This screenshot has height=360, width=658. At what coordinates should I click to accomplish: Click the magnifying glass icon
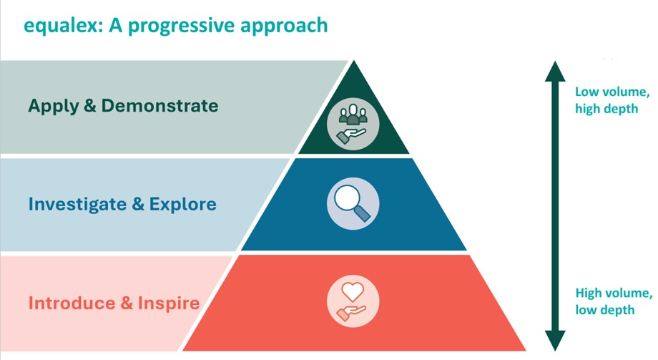pos(350,203)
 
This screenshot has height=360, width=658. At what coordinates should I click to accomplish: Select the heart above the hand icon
pos(350,292)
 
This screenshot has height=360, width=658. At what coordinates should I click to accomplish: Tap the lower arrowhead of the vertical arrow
pos(555,339)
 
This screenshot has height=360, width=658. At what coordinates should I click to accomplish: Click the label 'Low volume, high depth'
pos(612,100)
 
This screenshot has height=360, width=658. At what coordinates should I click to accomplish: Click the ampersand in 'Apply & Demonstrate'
pos(90,106)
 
